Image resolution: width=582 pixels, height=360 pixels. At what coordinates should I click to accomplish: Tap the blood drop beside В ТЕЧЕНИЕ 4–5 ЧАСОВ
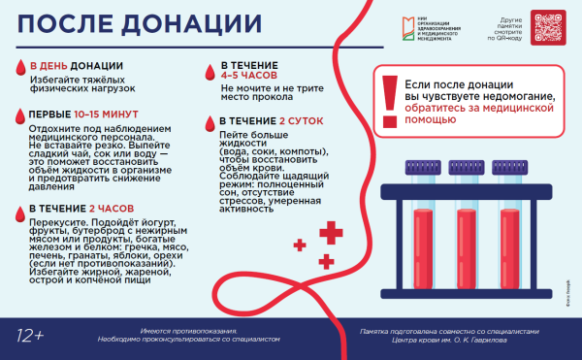(198, 71)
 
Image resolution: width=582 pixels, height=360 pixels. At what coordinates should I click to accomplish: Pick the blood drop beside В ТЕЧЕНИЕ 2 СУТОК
(198, 121)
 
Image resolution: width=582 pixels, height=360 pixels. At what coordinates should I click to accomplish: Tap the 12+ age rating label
(30, 336)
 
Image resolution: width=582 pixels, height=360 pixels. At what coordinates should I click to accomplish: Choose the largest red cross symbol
(332, 231)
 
